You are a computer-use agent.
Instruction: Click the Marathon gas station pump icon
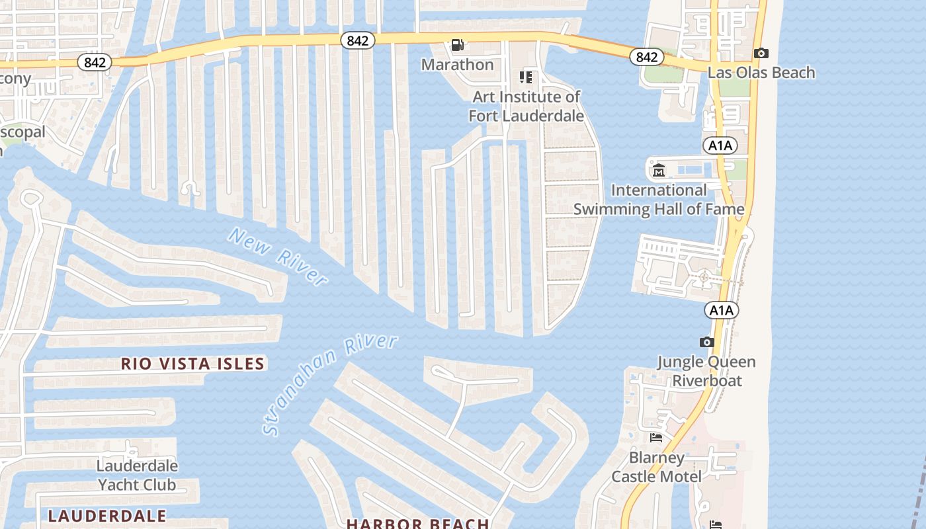[457, 45]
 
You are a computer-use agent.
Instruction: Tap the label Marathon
[457, 65]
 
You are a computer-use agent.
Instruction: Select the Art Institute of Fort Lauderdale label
[526, 106]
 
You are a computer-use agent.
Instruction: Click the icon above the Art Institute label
[526, 77]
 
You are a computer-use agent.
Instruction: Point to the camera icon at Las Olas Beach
[761, 53]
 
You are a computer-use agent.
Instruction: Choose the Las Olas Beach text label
[761, 73]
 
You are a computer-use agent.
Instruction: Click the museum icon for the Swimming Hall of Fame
[659, 171]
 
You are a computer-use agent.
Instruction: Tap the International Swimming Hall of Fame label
[658, 200]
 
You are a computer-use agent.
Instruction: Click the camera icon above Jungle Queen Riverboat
[706, 342]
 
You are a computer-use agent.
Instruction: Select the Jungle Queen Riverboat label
[706, 371]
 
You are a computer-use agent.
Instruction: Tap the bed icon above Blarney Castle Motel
[656, 438]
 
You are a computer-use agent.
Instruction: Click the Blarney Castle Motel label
[656, 467]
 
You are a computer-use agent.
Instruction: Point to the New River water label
[278, 257]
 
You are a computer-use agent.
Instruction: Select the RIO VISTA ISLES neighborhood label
[192, 364]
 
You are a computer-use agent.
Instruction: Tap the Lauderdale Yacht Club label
[137, 475]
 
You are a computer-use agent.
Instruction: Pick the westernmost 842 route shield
[95, 62]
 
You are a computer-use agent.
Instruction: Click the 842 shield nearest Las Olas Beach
[646, 57]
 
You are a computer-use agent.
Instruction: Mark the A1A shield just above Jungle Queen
[722, 310]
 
